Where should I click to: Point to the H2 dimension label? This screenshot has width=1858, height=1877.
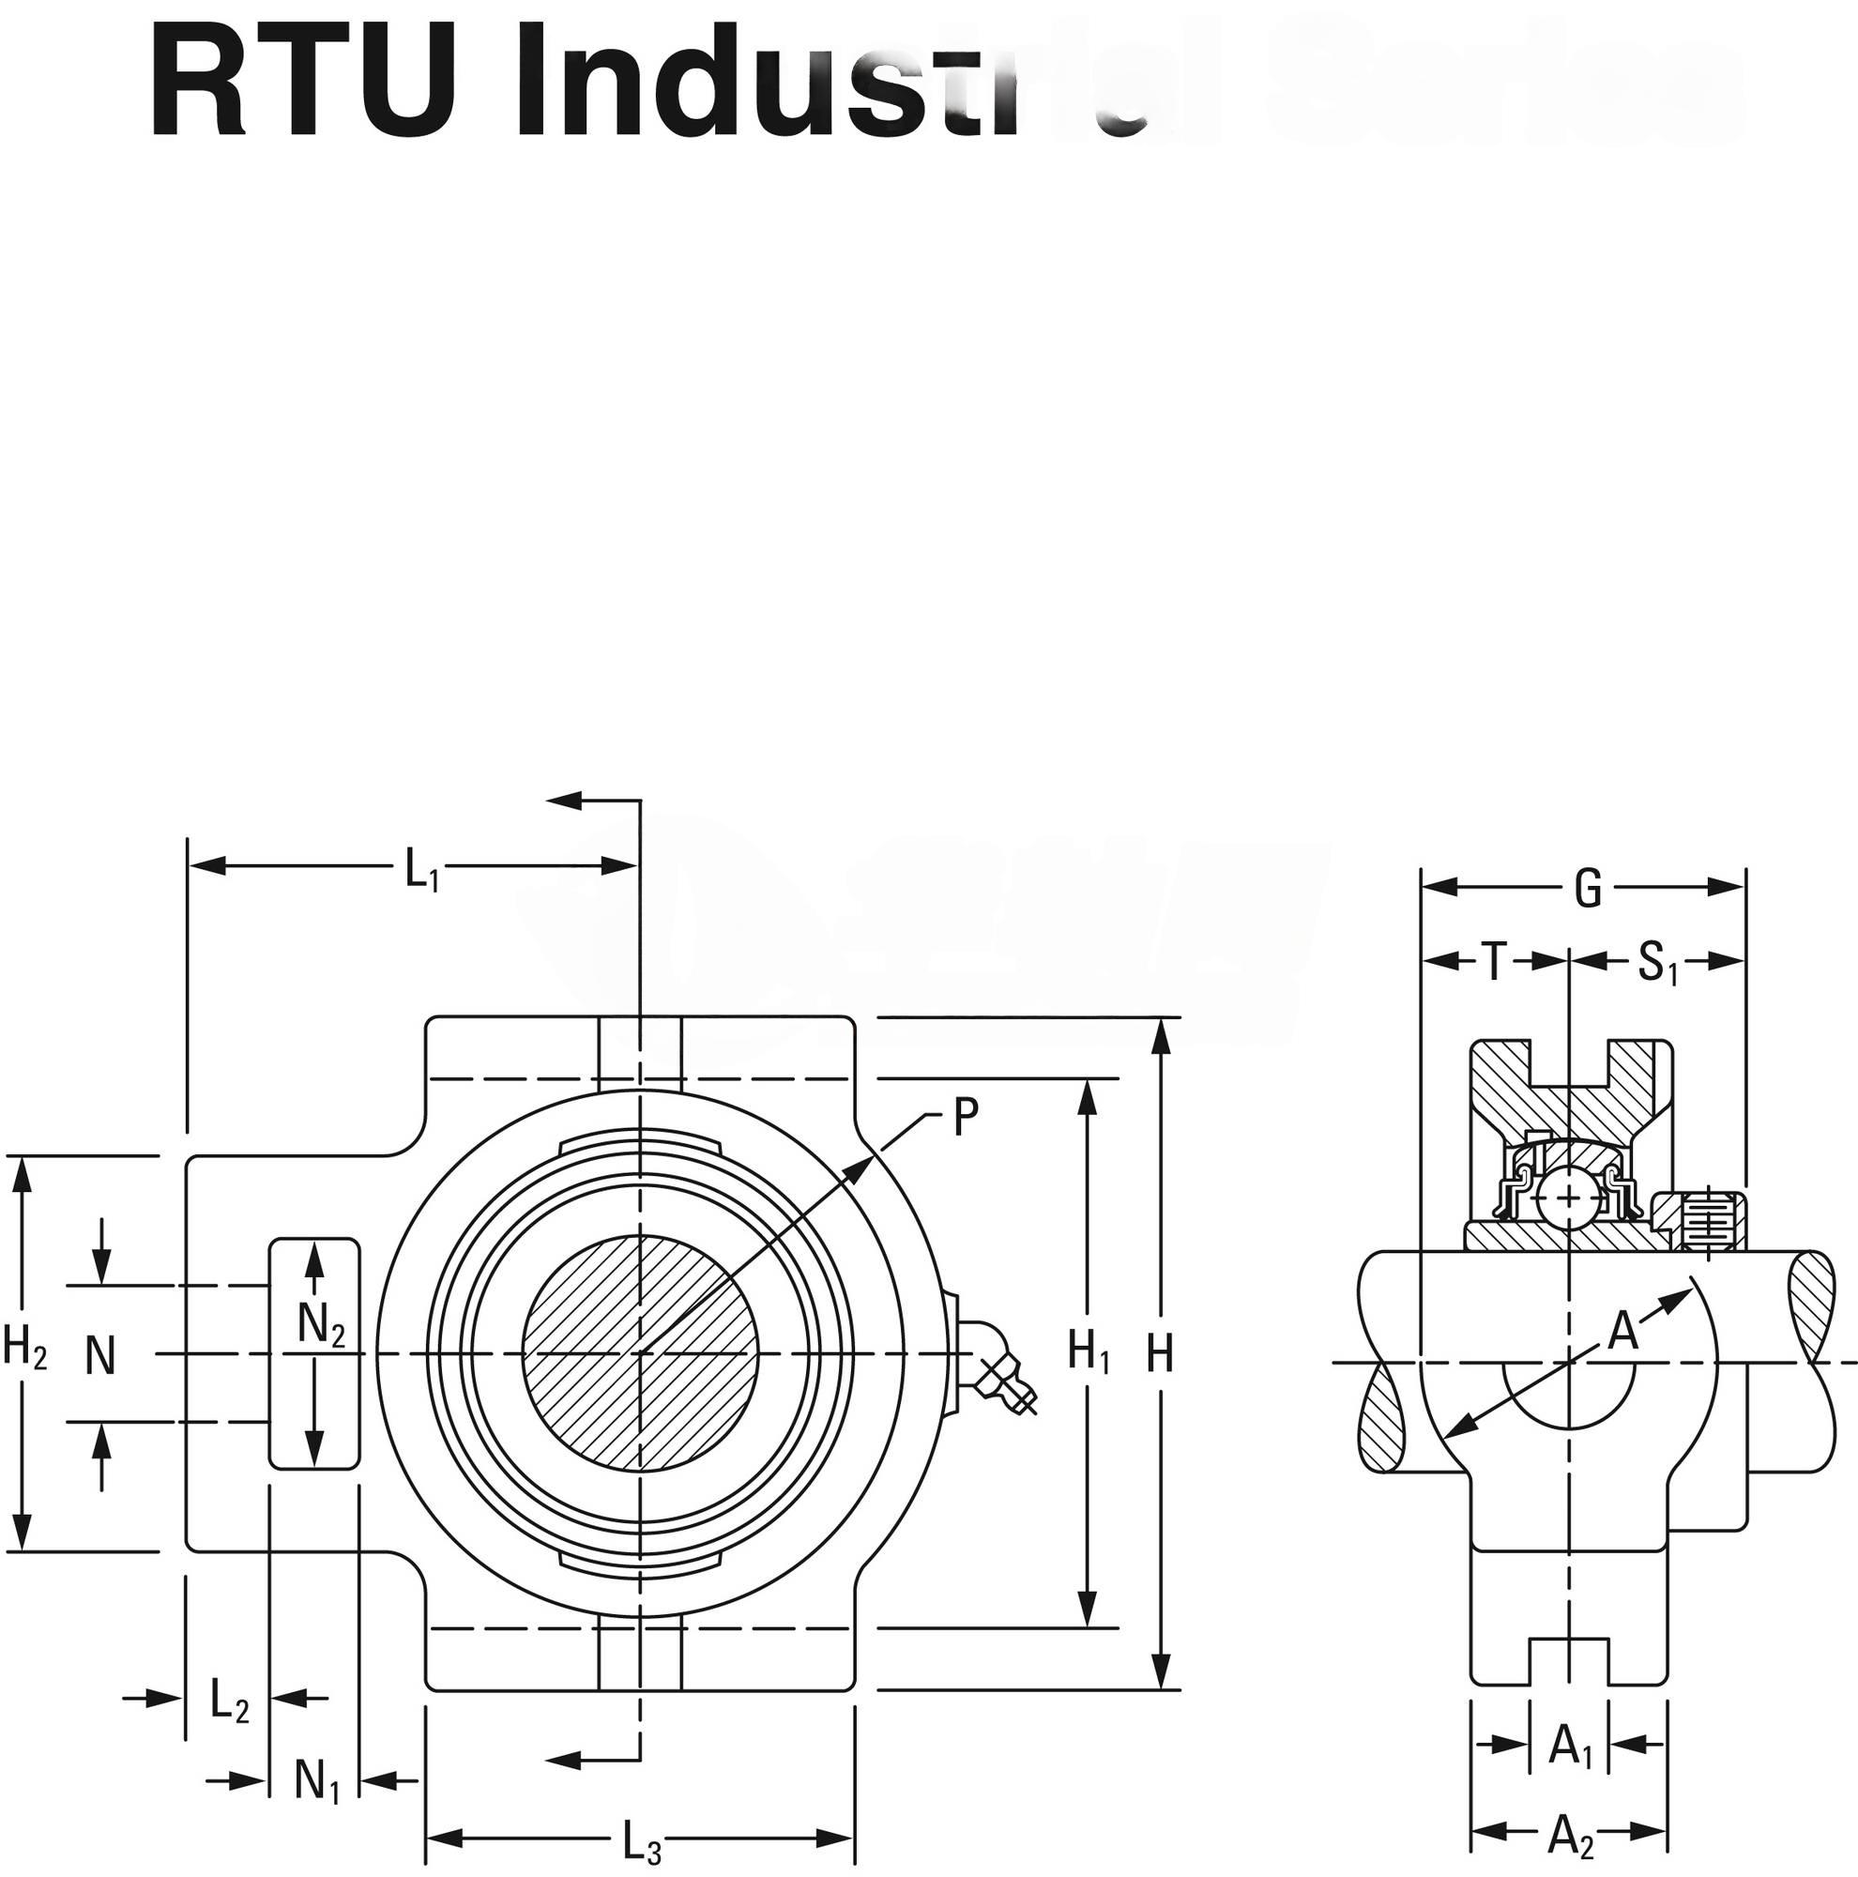(25, 1348)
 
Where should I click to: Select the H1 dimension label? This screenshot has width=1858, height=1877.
(1089, 1351)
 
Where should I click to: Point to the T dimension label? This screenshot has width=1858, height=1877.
(1495, 963)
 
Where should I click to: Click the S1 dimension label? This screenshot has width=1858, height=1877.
(1657, 965)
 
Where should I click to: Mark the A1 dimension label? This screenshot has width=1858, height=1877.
(1571, 1746)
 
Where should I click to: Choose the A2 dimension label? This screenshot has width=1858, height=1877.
(1571, 1835)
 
